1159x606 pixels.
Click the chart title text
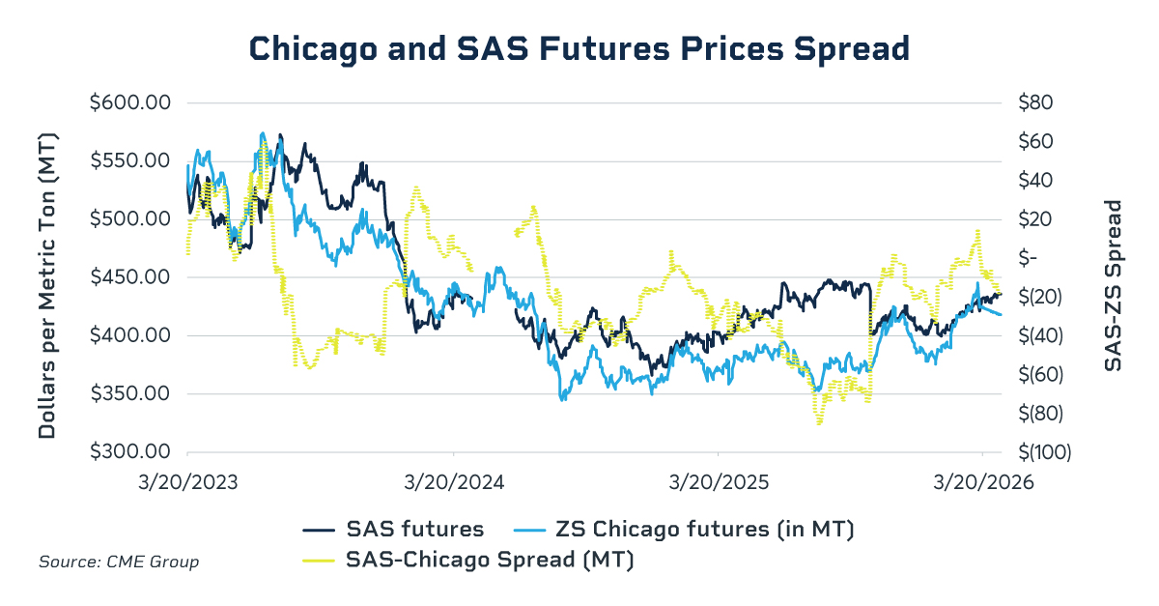click(x=579, y=47)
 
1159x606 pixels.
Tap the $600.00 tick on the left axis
click(x=130, y=102)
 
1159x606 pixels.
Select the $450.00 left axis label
click(x=130, y=277)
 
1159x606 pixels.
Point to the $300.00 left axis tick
click(x=130, y=452)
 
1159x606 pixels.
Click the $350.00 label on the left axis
click(x=130, y=394)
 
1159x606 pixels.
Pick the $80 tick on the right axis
click(x=1034, y=102)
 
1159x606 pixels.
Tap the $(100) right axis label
click(x=1040, y=452)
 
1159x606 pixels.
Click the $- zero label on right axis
click(x=1027, y=258)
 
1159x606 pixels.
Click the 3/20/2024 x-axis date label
click(x=453, y=480)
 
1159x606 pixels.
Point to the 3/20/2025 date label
click(x=718, y=480)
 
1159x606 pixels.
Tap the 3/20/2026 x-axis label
click(x=982, y=480)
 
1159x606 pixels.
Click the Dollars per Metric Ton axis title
click(x=46, y=277)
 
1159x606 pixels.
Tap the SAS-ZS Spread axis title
click(x=1113, y=285)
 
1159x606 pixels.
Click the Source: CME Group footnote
click(x=119, y=562)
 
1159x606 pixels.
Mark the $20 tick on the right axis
click(x=1034, y=219)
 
